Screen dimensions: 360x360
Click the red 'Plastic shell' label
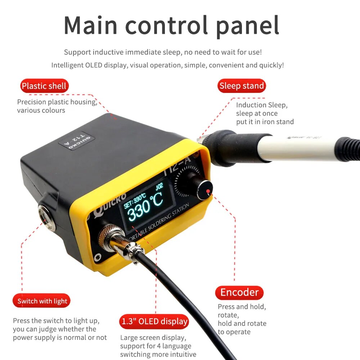pyautogui.click(x=44, y=86)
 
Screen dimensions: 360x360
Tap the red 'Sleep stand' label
pyautogui.click(x=242, y=86)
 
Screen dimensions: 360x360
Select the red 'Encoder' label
pyautogui.click(x=239, y=292)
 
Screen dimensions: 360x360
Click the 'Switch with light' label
pyautogui.click(x=42, y=301)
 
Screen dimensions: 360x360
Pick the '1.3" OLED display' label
pyautogui.click(x=154, y=321)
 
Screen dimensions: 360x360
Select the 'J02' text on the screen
pyautogui.click(x=159, y=187)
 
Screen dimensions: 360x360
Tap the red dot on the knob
pyautogui.click(x=208, y=190)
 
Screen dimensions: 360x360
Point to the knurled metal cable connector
pyautogui.click(x=111, y=232)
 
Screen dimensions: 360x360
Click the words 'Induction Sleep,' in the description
pyautogui.click(x=262, y=105)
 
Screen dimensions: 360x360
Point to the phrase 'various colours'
pyautogui.click(x=41, y=111)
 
